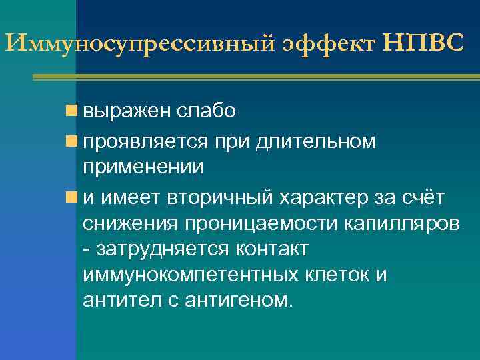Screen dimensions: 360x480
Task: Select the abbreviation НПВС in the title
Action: pos(423,43)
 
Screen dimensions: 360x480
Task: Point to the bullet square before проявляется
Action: pos(71,141)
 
